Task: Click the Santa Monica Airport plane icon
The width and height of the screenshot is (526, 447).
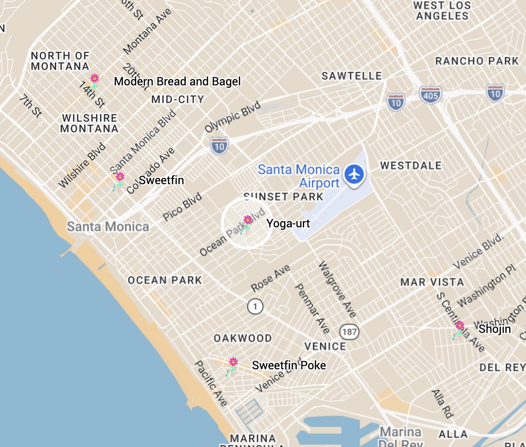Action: pyautogui.click(x=355, y=174)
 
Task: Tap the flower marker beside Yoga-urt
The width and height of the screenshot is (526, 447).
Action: pyautogui.click(x=248, y=223)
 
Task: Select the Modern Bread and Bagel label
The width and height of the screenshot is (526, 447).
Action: pyautogui.click(x=177, y=82)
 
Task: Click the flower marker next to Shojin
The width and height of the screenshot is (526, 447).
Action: pyautogui.click(x=459, y=329)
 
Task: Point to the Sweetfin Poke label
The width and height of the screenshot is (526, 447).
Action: pyautogui.click(x=289, y=365)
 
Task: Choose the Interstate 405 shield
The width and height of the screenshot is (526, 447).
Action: pyautogui.click(x=430, y=94)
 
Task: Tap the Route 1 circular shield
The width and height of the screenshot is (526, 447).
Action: pyautogui.click(x=255, y=306)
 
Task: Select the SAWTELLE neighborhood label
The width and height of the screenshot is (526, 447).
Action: pyautogui.click(x=352, y=76)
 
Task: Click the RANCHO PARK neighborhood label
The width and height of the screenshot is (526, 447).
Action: pyautogui.click(x=477, y=61)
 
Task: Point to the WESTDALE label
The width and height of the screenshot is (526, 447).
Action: pyautogui.click(x=411, y=165)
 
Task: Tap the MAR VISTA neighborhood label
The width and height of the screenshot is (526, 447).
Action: pyautogui.click(x=432, y=282)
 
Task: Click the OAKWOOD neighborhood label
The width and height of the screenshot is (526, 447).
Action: pyautogui.click(x=243, y=338)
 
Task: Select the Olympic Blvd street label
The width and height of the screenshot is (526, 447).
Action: pyautogui.click(x=233, y=117)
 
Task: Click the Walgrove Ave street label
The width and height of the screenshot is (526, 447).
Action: pyautogui.click(x=337, y=289)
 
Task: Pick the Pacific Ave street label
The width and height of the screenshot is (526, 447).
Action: pyautogui.click(x=211, y=383)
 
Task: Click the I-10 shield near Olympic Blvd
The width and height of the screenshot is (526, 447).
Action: pyautogui.click(x=219, y=145)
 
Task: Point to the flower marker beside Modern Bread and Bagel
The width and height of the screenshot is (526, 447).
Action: pyautogui.click(x=95, y=81)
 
